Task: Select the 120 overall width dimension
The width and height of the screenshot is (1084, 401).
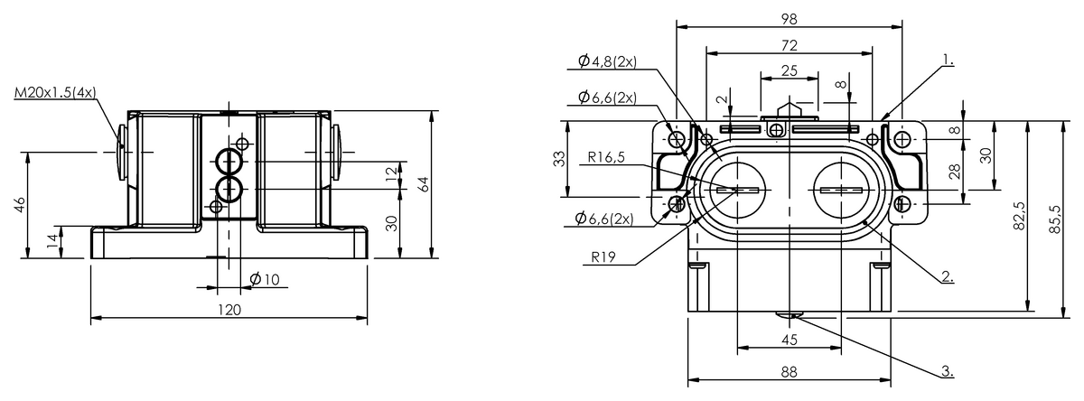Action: click(229, 310)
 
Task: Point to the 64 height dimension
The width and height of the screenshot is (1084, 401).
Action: click(422, 183)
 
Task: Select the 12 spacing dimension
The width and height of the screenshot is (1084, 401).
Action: click(390, 174)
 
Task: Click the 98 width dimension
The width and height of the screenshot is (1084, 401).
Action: click(789, 17)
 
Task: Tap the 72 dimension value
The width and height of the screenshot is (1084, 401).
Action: click(789, 43)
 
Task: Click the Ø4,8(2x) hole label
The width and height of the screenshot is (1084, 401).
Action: click(608, 61)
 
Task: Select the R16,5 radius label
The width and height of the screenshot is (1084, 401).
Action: click(606, 157)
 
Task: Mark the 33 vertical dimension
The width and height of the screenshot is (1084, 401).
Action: click(559, 158)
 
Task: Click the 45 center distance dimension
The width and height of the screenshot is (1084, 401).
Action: click(789, 340)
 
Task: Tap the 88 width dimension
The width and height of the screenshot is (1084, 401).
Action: click(789, 370)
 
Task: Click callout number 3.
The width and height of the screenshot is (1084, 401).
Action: click(946, 370)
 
